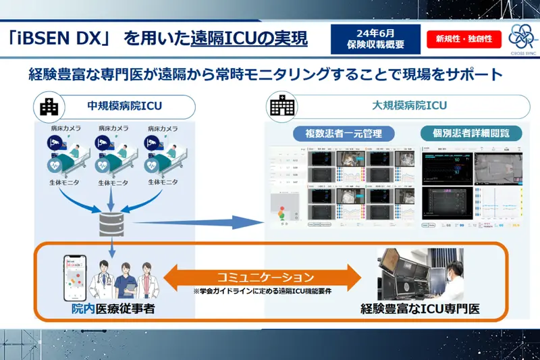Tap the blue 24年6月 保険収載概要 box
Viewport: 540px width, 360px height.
tap(375, 39)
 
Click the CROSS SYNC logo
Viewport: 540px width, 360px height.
tap(520, 38)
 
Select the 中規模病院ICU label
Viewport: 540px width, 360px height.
tap(118, 107)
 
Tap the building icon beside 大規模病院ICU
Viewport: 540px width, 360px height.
tap(278, 107)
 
